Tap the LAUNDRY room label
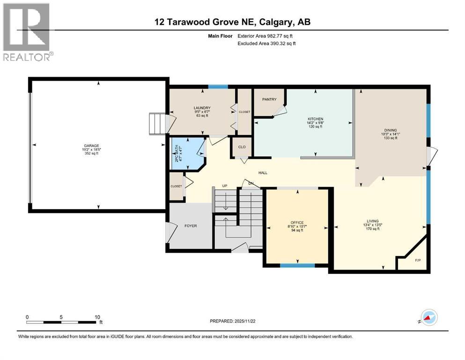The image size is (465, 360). click(202, 108)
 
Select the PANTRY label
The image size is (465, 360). click(269, 99)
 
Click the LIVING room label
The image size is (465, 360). click(373, 221)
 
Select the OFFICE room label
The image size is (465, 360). click(297, 223)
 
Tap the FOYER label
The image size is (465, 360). click(191, 226)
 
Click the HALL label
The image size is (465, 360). click(263, 173)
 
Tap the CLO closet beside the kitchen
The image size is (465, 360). click(242, 147)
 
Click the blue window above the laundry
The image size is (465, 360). click(218, 86)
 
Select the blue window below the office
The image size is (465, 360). click(297, 266)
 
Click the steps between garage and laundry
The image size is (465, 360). click(156, 123)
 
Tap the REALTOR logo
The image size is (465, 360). click(27, 32)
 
